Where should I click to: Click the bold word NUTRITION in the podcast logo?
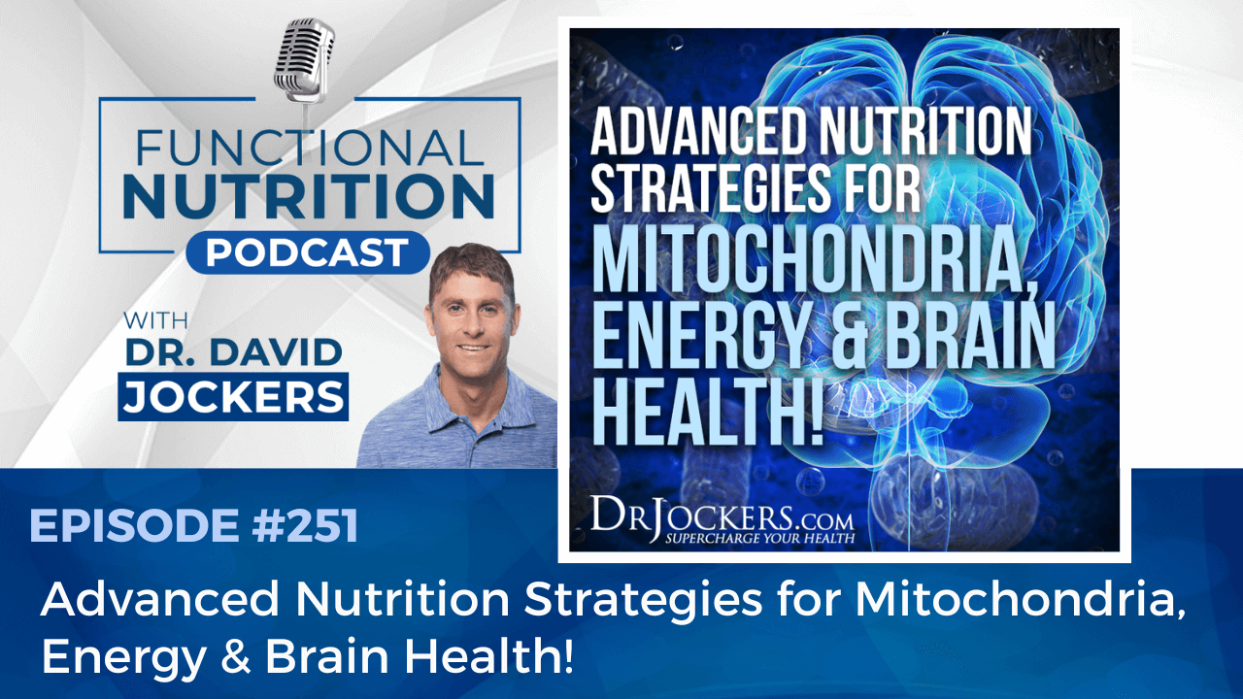pos(309,196)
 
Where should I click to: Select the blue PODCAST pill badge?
pos(308,252)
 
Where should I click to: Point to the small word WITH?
pos(155,320)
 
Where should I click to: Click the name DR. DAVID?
pos(234,352)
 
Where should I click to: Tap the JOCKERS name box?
pos(233,397)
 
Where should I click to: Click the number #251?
pos(305,525)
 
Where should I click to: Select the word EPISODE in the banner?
pos(134,525)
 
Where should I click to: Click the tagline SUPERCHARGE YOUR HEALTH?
pos(759,538)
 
